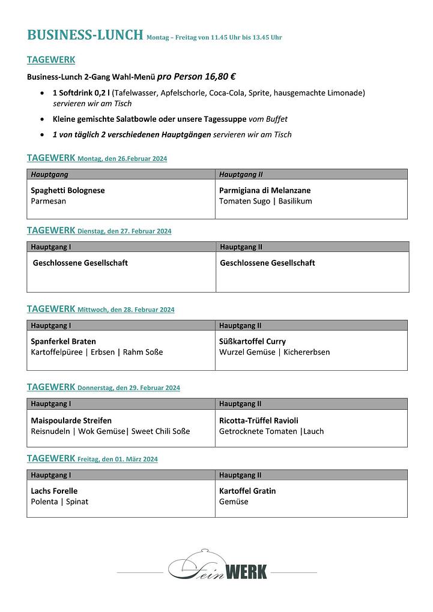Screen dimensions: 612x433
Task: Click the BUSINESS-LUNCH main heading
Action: click(85, 35)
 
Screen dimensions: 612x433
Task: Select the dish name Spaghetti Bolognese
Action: click(67, 190)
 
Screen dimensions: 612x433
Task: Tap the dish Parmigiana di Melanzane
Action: click(265, 190)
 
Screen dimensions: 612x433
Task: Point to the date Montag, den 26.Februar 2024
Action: click(122, 159)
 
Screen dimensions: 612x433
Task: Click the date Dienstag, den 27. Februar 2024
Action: click(124, 231)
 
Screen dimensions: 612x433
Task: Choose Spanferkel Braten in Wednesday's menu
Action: click(63, 341)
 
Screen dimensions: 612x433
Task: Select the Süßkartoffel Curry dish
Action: click(252, 341)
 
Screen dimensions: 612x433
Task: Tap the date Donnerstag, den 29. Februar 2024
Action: click(129, 388)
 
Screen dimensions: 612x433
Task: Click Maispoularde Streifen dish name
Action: click(71, 421)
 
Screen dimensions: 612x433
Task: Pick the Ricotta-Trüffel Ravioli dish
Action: click(258, 421)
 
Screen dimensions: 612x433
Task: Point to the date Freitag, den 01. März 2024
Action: click(118, 459)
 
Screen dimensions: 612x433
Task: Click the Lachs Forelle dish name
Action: click(54, 491)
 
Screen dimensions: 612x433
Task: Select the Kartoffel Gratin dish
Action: click(247, 491)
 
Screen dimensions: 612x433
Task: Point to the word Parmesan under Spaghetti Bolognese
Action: click(48, 201)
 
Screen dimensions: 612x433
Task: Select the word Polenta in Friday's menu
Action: click(44, 502)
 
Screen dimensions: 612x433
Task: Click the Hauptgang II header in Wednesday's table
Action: click(240, 326)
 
